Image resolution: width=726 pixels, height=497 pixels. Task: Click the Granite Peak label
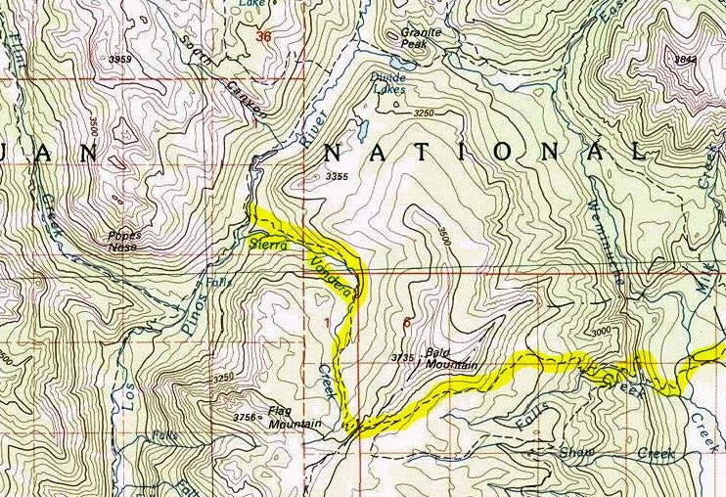coord(423,38)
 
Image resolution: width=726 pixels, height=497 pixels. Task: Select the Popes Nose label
coord(124,241)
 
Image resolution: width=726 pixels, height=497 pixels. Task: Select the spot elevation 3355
coord(337,177)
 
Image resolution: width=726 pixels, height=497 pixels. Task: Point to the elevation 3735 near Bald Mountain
coord(403,358)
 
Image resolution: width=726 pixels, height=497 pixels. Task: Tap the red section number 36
coord(261,37)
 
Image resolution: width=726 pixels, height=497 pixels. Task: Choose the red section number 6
coord(406,321)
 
